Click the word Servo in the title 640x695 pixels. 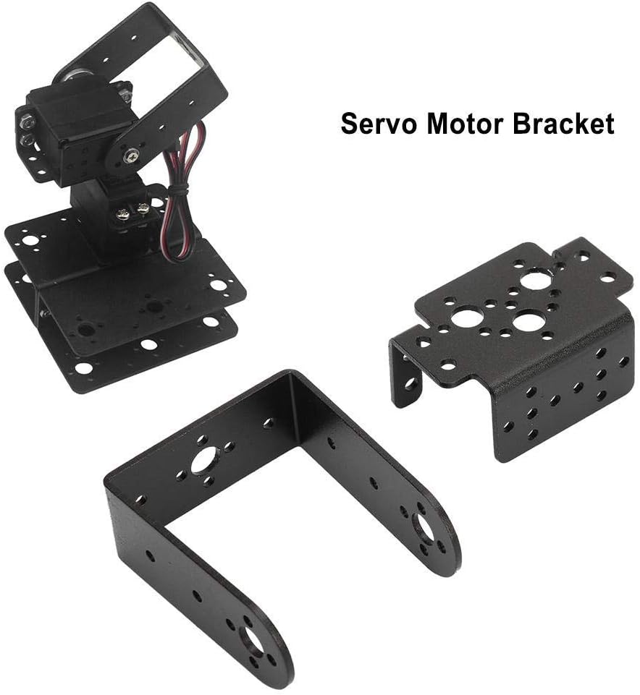point(379,124)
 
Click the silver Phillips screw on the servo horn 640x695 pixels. point(131,155)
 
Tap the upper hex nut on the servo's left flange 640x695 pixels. point(28,119)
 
